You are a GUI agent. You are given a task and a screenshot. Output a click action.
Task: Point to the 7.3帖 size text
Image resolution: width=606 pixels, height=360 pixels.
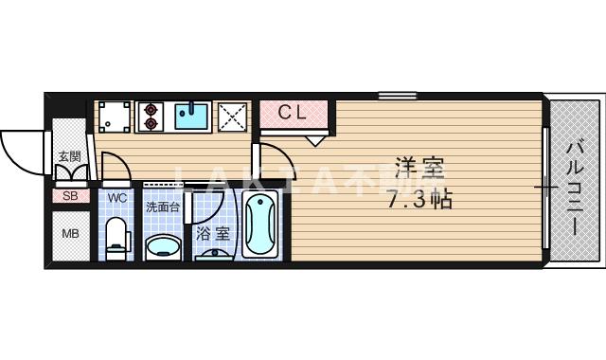(419, 200)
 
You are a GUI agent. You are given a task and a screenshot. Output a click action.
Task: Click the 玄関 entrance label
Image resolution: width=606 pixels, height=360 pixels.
(69, 156)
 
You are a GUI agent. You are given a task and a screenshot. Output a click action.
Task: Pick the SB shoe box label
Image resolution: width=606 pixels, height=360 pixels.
(70, 196)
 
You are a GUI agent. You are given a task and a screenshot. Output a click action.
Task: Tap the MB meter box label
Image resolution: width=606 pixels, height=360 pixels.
(70, 234)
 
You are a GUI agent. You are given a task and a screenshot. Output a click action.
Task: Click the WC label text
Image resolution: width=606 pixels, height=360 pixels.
(116, 197)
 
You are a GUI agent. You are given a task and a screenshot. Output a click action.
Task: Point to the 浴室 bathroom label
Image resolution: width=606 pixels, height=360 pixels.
(212, 232)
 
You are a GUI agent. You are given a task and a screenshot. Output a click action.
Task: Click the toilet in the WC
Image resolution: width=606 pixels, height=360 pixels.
(116, 238)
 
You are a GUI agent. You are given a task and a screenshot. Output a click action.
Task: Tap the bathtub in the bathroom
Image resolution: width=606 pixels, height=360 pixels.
(259, 225)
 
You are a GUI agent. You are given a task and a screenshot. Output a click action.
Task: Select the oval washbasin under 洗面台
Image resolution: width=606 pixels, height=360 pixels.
(164, 247)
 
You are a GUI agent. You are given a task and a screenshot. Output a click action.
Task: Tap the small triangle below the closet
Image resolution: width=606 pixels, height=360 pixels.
(315, 140)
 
